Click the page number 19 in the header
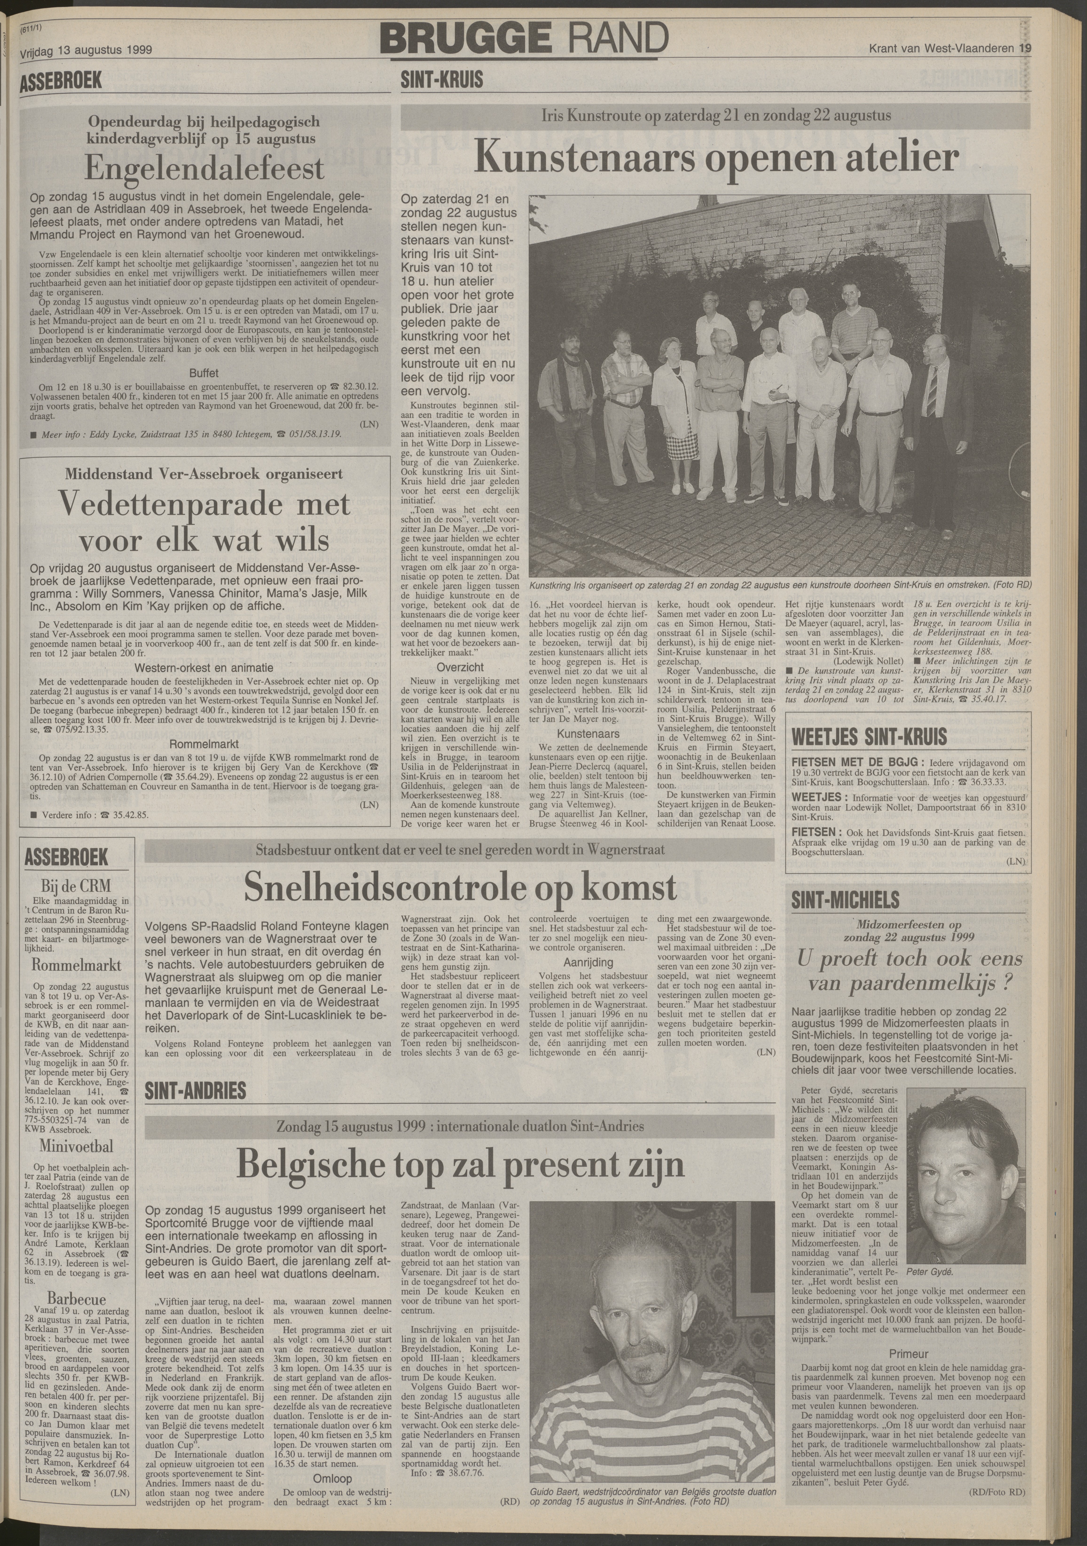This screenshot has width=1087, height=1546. pyautogui.click(x=1026, y=48)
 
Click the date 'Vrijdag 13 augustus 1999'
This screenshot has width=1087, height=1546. pyautogui.click(x=86, y=50)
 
